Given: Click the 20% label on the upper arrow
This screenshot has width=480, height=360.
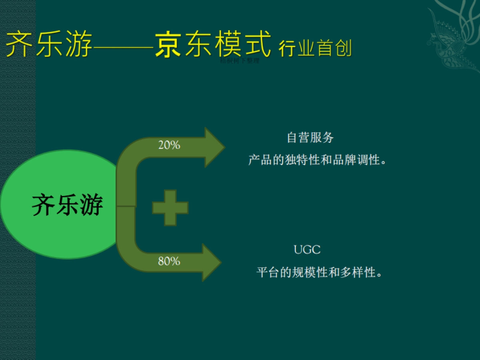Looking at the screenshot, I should coord(169,145).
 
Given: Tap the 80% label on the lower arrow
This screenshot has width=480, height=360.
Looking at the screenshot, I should coord(169,262).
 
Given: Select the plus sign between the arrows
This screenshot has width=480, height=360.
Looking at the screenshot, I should coord(170,208).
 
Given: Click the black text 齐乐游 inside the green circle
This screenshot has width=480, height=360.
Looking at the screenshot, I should coord(67,205).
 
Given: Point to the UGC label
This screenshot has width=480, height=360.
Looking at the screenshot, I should coord(307,250).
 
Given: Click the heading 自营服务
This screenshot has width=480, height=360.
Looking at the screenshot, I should coord(310,138).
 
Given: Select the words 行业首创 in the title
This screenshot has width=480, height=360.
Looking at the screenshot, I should coord(315,48).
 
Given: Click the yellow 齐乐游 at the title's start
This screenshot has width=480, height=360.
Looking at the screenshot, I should coord(49,45).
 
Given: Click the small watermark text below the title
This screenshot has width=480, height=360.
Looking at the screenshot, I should coord(240,61).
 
